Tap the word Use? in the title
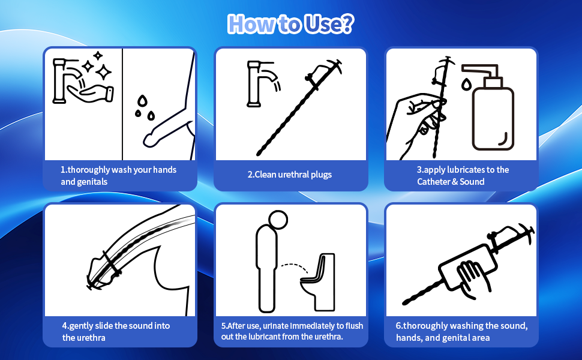[x=329, y=24]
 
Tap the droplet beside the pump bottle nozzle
[x=466, y=84]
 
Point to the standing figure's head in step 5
[x=278, y=220]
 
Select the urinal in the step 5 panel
[x=318, y=282]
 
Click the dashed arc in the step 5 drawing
[x=294, y=266]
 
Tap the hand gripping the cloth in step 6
[x=474, y=279]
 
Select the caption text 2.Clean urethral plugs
[x=290, y=175]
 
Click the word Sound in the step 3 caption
[x=472, y=181]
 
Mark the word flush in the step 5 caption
[x=355, y=326]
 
